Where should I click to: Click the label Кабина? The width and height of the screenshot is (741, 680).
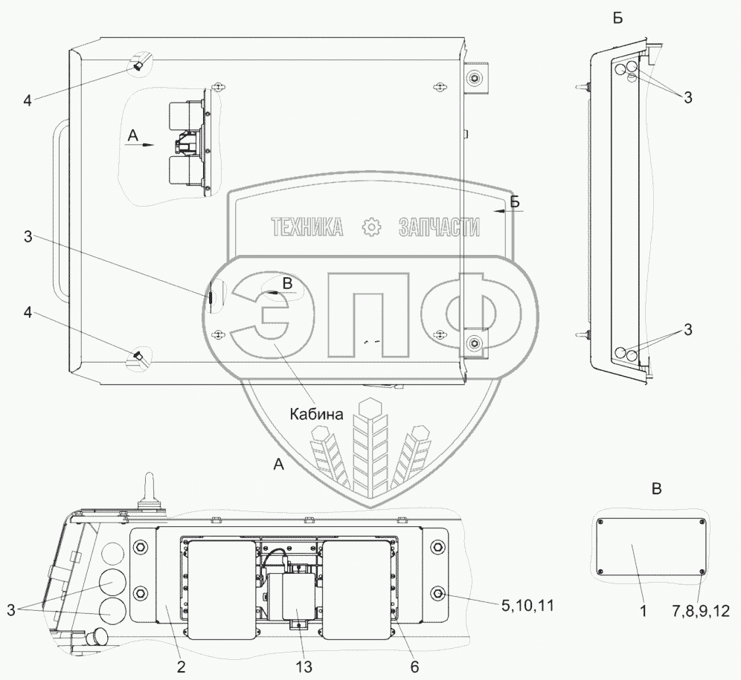pos(316,414)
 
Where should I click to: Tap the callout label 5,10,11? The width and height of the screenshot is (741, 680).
pos(527,606)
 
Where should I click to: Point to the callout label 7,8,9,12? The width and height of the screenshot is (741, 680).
pos(701,611)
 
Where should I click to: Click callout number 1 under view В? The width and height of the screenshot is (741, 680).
pos(643,611)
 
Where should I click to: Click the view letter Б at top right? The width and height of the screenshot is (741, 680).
pos(617,18)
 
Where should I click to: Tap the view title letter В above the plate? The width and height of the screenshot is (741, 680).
pos(656,489)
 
